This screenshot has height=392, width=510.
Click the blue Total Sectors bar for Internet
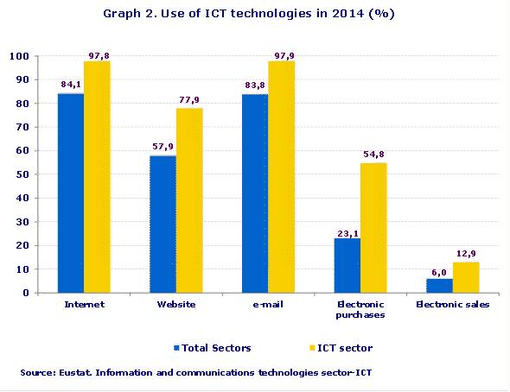(71, 193)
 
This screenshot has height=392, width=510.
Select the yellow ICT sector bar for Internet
(97, 177)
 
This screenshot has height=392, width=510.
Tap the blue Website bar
(163, 224)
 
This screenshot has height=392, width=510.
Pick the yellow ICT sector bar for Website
(189, 200)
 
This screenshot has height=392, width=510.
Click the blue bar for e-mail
(255, 193)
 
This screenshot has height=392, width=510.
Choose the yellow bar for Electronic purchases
(373, 228)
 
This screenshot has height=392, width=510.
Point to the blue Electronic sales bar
(439, 286)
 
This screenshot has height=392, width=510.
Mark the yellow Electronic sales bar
(465, 277)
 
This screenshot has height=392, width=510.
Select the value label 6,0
(439, 272)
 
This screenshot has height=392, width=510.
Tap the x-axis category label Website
(175, 305)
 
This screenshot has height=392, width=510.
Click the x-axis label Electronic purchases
(360, 310)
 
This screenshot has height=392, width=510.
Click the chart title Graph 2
(254, 14)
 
